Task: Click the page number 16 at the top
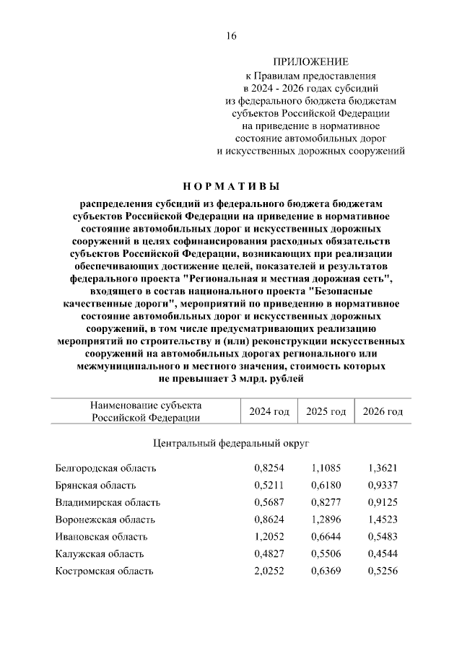point(230,36)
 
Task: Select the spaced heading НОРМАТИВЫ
point(230,187)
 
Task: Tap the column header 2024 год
point(269,411)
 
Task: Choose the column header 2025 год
point(326,411)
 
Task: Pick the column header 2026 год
point(383,411)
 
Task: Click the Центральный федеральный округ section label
point(231,442)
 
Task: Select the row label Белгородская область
point(105,468)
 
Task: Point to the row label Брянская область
point(95,486)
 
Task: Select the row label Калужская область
point(100,554)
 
